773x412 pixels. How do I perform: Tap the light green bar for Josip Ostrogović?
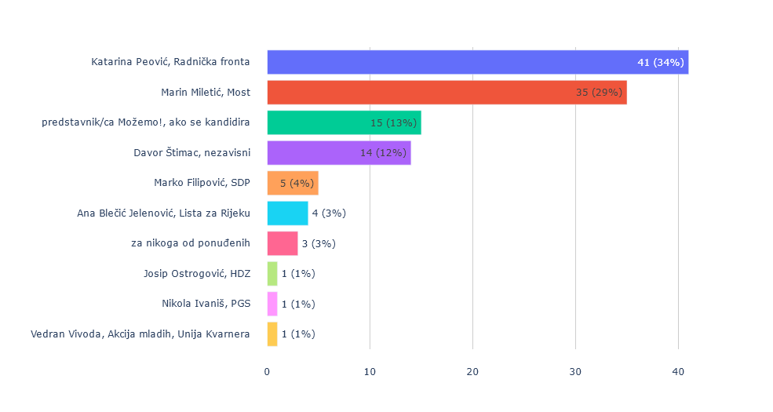pyautogui.click(x=272, y=274)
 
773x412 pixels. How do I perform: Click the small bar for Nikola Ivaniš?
pyautogui.click(x=272, y=304)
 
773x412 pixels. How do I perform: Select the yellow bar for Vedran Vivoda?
pyautogui.click(x=272, y=334)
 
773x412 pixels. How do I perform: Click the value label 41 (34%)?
pyautogui.click(x=661, y=62)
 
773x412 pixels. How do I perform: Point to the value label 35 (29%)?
pyautogui.click(x=600, y=93)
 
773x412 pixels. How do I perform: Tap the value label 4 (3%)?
pyautogui.click(x=329, y=213)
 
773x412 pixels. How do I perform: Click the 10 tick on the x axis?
pyautogui.click(x=370, y=371)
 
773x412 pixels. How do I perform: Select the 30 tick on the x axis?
pyautogui.click(x=575, y=371)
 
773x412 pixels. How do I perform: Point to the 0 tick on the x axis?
pyautogui.click(x=267, y=371)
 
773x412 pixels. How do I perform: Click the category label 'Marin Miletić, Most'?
pyautogui.click(x=206, y=93)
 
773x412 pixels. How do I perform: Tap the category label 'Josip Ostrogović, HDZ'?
pyautogui.click(x=197, y=274)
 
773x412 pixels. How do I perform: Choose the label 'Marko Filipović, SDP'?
pyautogui.click(x=202, y=183)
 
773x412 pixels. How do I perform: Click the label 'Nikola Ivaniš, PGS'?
pyautogui.click(x=206, y=304)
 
